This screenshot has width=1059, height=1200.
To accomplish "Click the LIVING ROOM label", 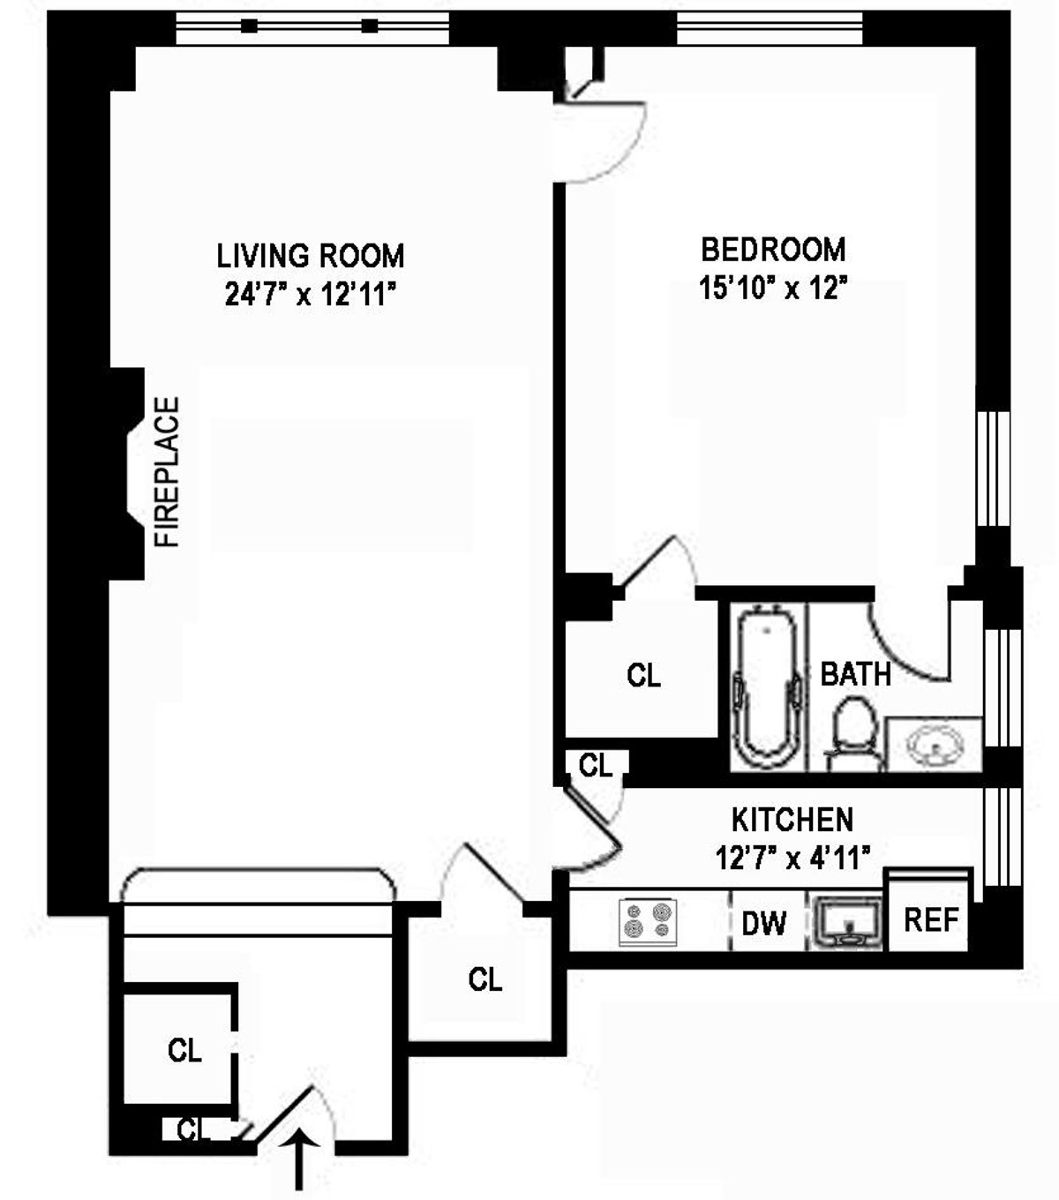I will coord(311,256).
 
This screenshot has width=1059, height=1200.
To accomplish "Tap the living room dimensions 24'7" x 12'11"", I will coord(308,295).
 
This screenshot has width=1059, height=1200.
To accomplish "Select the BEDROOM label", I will coord(773,250).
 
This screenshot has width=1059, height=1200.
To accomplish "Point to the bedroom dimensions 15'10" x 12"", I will coord(773,289).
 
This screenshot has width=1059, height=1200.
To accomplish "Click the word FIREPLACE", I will coord(168,472).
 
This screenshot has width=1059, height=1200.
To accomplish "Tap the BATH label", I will coord(855,675).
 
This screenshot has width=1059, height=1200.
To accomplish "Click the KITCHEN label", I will coord(792,820).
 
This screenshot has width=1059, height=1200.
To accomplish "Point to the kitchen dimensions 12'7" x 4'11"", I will coord(793,857).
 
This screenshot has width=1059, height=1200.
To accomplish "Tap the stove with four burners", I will coord(648,922).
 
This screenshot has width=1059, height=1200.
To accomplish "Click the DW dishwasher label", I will coord(763,924).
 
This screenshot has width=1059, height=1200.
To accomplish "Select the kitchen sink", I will coord(847,923).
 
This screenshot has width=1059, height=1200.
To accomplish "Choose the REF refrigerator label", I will coord(930,920).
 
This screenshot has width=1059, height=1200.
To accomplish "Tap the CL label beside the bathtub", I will coord(643,676).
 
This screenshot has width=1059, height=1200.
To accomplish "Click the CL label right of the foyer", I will coord(484,979).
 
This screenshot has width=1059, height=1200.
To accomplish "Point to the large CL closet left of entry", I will coord(184,1050).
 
